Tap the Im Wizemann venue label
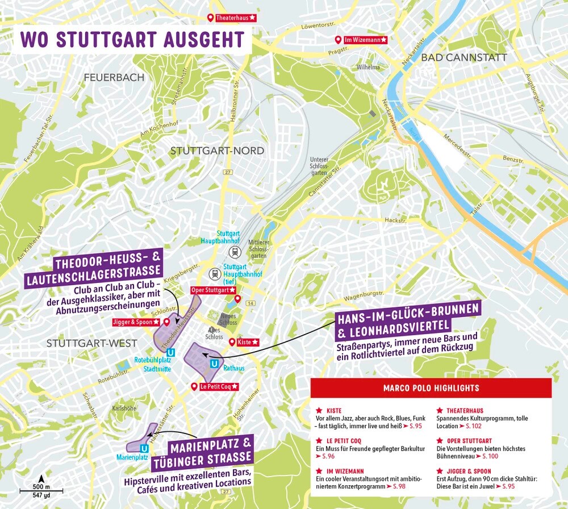366,40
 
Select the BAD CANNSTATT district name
463,57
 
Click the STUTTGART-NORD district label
217,151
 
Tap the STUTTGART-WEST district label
91,343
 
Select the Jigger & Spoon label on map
136,322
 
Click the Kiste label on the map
248,342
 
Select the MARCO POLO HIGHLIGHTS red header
431,389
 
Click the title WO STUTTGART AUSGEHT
132,40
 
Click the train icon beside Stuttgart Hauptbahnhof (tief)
215,273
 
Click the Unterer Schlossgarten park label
319,166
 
